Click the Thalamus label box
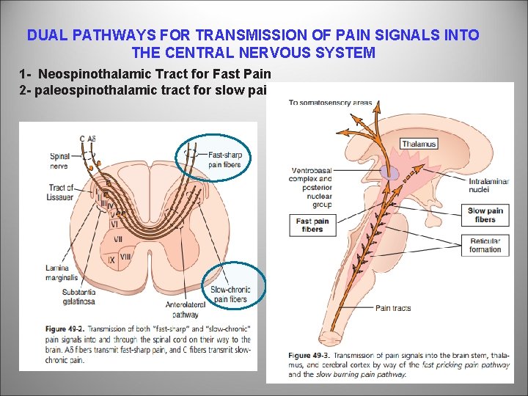pos(417,144)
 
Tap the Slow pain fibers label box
pos(485,215)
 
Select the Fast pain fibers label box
pos(312,225)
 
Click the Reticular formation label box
pos(485,245)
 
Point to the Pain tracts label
pos(394,309)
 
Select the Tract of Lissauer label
pos(62,191)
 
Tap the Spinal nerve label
pos(60,161)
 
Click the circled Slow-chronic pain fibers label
pos(230,294)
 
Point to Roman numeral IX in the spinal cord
pos(112,260)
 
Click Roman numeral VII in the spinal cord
pos(117,239)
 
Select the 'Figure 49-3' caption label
pos(308,355)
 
